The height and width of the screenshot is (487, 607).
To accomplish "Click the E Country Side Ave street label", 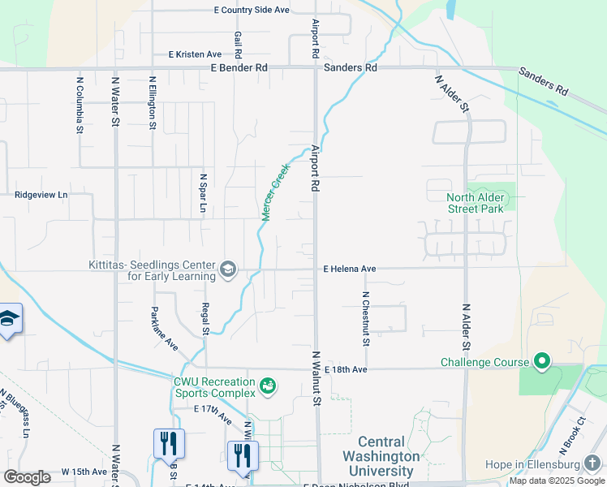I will (x=252, y=11).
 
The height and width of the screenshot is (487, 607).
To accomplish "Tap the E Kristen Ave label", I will (x=195, y=54).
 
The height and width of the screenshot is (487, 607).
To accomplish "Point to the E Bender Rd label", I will (x=239, y=68).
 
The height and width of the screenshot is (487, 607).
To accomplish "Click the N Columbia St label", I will (x=80, y=105).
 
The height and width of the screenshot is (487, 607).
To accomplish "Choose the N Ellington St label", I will (x=153, y=103).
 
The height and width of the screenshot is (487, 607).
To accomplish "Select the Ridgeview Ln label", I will (x=41, y=196).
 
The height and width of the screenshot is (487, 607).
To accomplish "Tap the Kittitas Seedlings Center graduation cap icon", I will (x=228, y=269).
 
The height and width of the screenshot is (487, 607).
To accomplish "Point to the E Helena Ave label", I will (x=350, y=269).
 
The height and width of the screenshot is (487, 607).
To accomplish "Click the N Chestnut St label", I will (x=366, y=319).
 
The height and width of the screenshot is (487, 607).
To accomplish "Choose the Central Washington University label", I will (x=381, y=456).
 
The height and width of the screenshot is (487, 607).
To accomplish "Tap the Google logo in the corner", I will (x=27, y=476).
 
